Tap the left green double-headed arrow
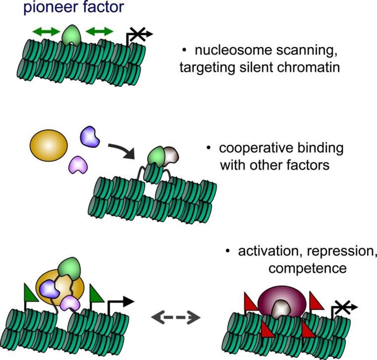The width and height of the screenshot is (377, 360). pos(46,31)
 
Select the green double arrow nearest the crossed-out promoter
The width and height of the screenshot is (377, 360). pos(99,31)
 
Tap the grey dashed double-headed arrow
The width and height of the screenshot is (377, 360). pos(176,318)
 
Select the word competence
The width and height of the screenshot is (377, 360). pos(308,269)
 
